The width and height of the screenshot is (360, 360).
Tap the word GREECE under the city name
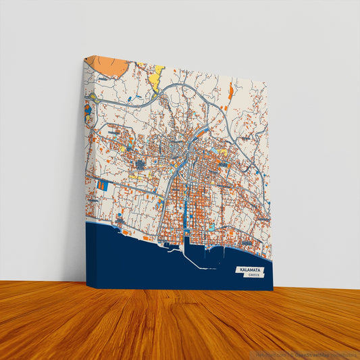pyautogui.click(x=254, y=276)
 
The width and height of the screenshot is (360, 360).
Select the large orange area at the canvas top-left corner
pyautogui.click(x=108, y=66)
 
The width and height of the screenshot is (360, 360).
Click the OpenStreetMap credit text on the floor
pyautogui.click(x=325, y=354)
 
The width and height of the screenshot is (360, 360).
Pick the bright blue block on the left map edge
pyautogui.click(x=102, y=185)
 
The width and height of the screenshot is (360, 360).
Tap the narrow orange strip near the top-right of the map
pyautogui.click(x=231, y=91)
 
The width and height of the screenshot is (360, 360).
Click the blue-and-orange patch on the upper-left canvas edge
pyautogui.click(x=91, y=108)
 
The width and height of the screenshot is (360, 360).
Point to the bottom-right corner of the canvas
pyautogui.click(x=273, y=290)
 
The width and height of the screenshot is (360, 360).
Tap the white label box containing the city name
pyautogui.click(x=251, y=272)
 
